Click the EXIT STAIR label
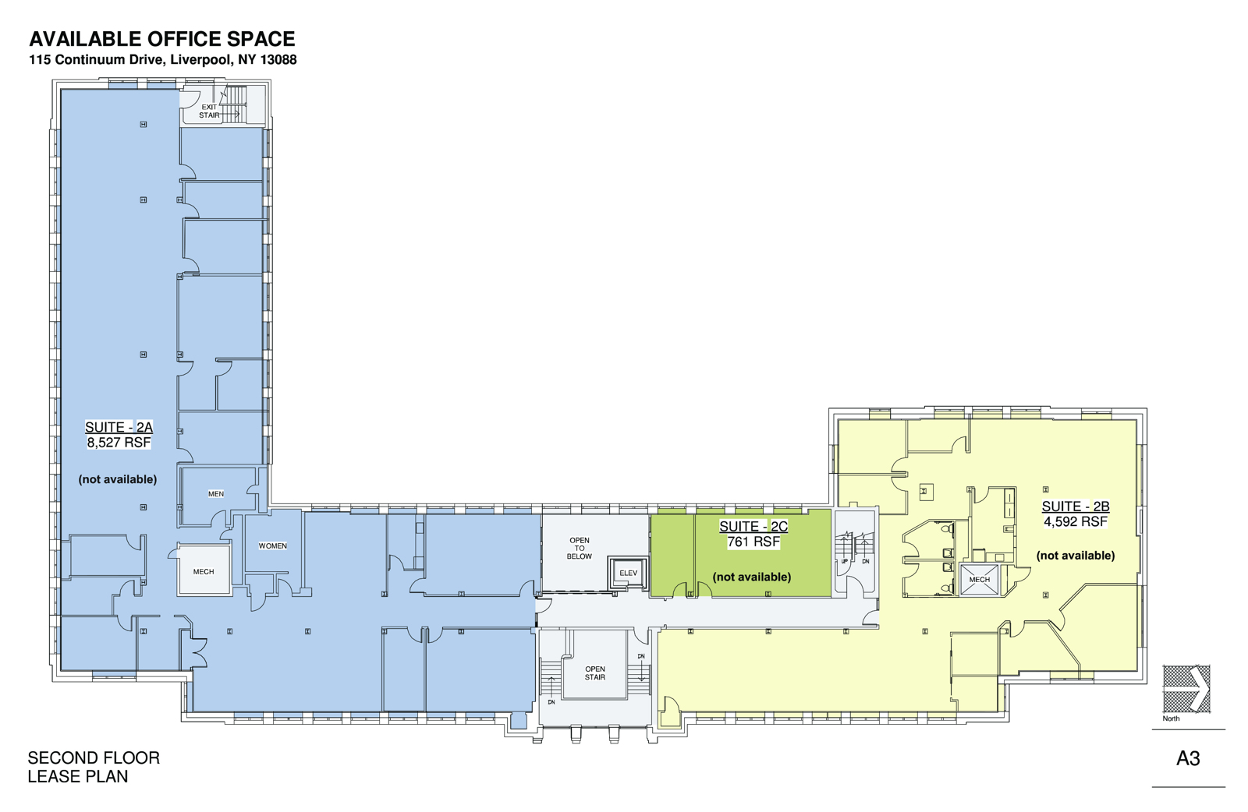209,111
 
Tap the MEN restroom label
216,494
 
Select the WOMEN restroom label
272,546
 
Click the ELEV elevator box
628,574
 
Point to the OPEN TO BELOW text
580,549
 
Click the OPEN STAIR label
595,673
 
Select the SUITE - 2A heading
119,427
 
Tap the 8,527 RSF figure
119,443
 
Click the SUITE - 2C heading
753,527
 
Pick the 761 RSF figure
753,542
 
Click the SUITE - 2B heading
1076,507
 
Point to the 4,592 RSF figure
1076,522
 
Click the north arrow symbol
1186,688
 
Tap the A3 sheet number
1188,758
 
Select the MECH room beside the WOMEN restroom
204,572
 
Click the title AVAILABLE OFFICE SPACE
162,39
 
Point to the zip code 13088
278,60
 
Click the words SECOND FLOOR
94,758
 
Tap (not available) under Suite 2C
752,577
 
